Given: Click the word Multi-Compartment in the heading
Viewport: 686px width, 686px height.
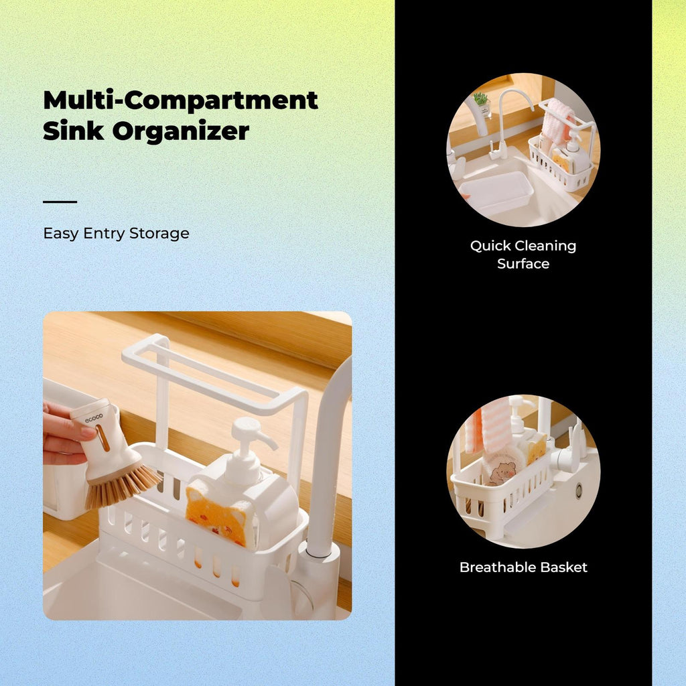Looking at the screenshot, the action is click(x=180, y=100).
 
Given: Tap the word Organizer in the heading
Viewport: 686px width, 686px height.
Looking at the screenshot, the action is click(x=181, y=131).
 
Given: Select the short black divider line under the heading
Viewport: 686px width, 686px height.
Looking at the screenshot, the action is click(x=60, y=202).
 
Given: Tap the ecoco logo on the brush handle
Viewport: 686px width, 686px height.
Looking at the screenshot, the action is click(x=94, y=418).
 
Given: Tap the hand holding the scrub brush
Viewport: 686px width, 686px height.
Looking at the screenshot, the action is click(x=66, y=433).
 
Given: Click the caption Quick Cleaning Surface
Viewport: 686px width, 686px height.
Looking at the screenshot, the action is click(x=523, y=255).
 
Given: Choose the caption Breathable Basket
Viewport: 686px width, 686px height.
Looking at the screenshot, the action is click(x=523, y=567).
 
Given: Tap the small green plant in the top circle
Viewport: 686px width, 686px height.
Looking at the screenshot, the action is click(x=480, y=99).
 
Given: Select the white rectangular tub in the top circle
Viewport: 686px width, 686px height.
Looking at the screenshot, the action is click(x=494, y=192).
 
